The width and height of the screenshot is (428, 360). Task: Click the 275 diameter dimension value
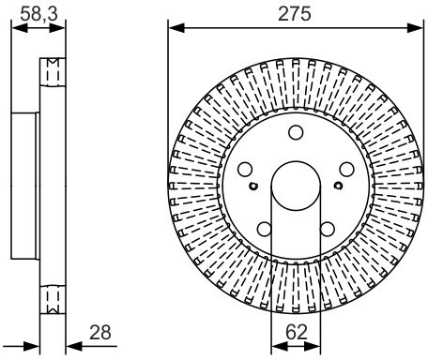tap(295, 14)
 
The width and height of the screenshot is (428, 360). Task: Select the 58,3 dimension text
tap(39, 14)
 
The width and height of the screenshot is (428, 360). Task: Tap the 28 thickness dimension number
tap(100, 332)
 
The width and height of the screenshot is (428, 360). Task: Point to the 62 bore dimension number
tap(297, 332)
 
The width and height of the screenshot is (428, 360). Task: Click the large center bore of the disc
tap(296, 186)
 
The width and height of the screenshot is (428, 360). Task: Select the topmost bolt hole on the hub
tap(296, 132)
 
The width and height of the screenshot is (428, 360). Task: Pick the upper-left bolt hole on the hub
tap(245, 170)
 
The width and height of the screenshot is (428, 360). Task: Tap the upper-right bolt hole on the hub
tap(346, 170)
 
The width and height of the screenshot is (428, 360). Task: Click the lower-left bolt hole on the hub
tap(265, 229)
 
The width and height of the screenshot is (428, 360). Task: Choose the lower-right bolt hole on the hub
tap(328, 229)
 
